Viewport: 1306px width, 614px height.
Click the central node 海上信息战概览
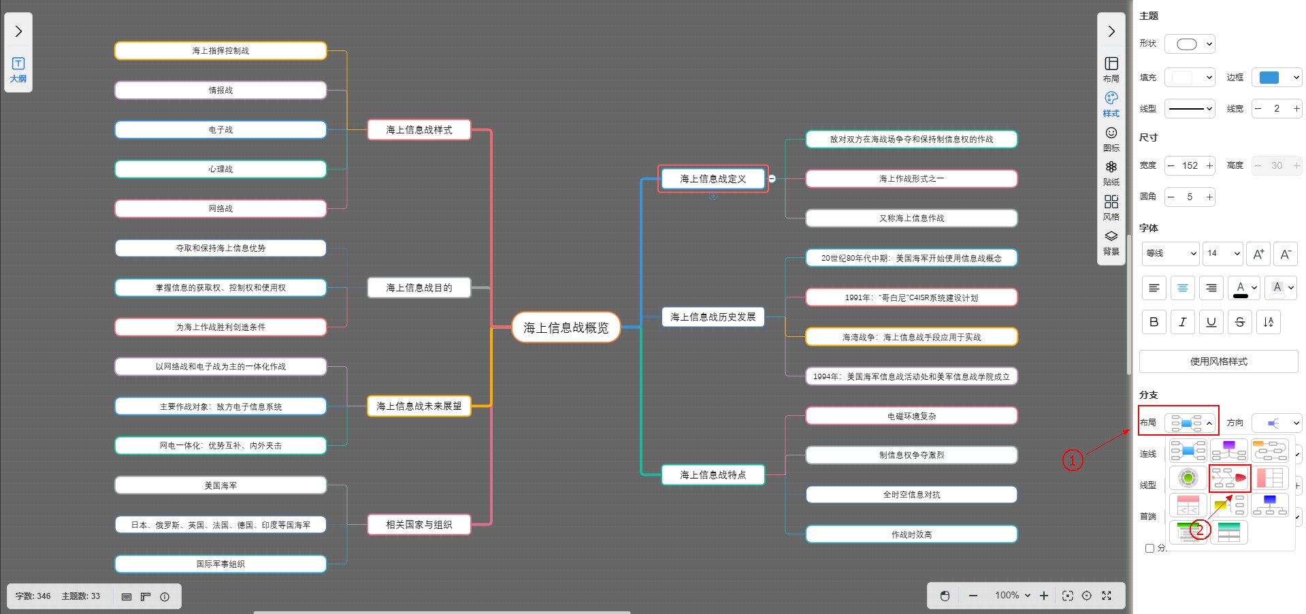[566, 327]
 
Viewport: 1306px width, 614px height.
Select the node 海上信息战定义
[713, 179]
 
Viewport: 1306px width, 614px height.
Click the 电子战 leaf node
[221, 129]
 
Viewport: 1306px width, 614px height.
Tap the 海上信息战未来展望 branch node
[419, 406]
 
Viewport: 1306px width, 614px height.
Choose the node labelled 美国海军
[221, 485]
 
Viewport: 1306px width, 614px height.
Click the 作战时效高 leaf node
[911, 534]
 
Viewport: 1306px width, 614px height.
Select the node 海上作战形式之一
[911, 179]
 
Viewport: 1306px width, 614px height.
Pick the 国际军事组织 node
[221, 564]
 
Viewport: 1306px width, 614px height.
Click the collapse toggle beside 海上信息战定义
[772, 179]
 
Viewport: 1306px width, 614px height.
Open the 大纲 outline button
[18, 69]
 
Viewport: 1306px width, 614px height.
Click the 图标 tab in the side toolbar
[1111, 138]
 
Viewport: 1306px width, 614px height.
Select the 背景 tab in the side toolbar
[1111, 242]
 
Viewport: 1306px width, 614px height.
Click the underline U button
[1211, 322]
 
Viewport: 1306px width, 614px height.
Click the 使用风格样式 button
[1218, 361]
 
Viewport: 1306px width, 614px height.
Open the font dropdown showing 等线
[1171, 253]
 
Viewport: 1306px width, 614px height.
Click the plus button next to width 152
[1209, 165]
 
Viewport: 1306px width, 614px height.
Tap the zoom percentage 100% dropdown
[1013, 596]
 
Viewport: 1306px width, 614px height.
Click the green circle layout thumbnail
[1188, 478]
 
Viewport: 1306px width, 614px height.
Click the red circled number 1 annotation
[1073, 460]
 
